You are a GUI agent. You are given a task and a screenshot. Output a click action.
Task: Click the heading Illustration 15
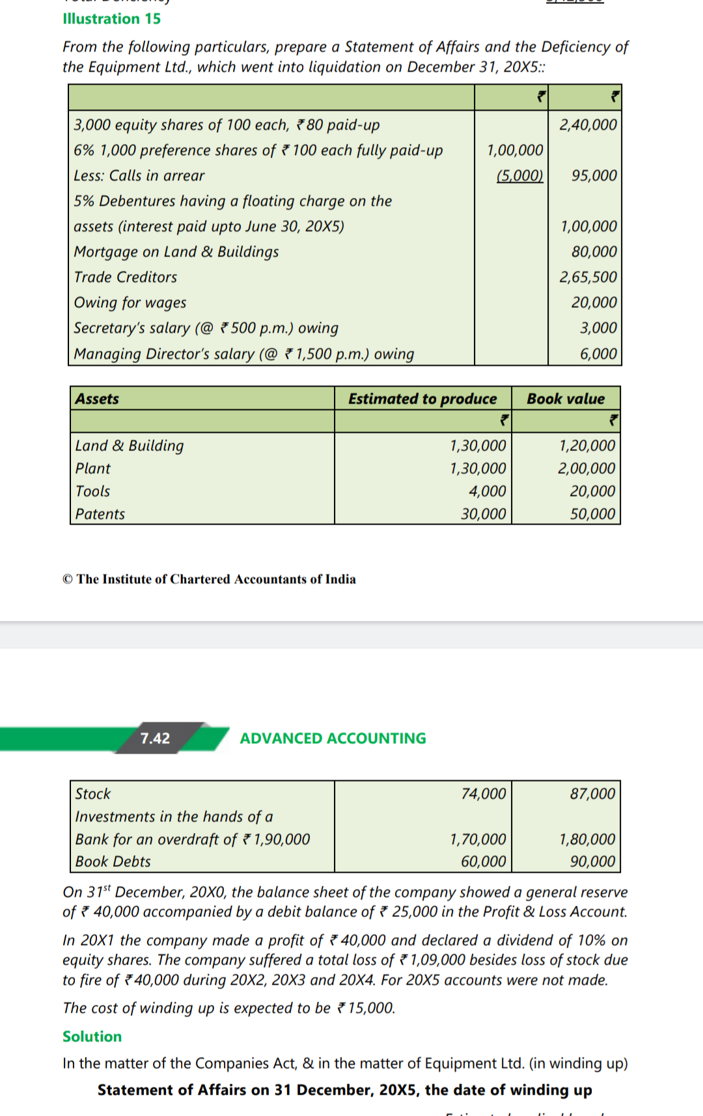(111, 19)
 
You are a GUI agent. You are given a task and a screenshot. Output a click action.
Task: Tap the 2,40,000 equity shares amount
(588, 124)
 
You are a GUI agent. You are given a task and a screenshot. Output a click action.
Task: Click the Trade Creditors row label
(125, 277)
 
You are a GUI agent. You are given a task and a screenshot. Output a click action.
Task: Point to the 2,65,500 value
(588, 277)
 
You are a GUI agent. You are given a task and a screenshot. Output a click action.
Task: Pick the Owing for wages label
(130, 303)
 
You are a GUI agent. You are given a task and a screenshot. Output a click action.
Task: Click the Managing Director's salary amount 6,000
(598, 354)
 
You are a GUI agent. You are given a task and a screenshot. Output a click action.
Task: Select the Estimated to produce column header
(422, 399)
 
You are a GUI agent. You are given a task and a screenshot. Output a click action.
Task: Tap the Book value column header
(565, 399)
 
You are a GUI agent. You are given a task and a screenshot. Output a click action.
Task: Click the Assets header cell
(97, 399)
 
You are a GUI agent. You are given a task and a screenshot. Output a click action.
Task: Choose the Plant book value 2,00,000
(586, 469)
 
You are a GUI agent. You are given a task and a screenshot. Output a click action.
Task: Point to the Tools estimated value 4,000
(487, 491)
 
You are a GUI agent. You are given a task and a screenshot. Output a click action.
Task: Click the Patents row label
(100, 514)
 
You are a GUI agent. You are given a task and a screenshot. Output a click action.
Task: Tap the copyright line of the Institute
(209, 579)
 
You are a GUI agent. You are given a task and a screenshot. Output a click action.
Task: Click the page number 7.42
(155, 739)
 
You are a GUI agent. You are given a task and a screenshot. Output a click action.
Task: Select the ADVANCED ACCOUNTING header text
(333, 739)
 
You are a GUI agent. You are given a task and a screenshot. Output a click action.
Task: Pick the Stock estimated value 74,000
(483, 794)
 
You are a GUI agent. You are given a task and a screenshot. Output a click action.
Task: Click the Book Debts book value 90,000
(592, 862)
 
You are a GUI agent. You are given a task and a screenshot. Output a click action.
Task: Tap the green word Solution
(92, 1037)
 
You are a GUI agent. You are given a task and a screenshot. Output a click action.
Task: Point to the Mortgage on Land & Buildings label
(176, 252)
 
